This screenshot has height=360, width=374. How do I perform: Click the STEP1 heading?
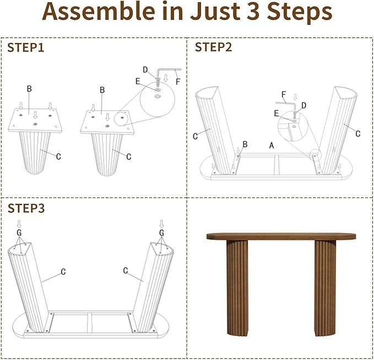(x=26, y=47)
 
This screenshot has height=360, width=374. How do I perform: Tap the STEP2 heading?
(x=213, y=47)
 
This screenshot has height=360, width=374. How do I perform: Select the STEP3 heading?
(x=26, y=208)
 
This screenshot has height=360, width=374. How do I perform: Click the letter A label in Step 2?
(x=272, y=145)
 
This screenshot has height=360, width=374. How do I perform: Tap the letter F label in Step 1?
(x=178, y=82)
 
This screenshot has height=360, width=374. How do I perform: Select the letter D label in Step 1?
(x=145, y=69)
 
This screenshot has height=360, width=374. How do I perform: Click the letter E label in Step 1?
(x=138, y=82)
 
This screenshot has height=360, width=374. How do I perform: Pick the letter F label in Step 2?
(x=284, y=95)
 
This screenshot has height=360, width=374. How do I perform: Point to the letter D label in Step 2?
(x=303, y=105)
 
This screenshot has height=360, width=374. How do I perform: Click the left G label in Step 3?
(x=19, y=233)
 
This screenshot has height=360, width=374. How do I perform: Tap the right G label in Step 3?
(x=161, y=233)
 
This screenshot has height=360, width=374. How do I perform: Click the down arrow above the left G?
(x=19, y=224)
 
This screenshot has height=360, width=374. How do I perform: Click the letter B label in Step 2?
(x=245, y=144)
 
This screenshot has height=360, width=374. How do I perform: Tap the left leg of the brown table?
(x=237, y=288)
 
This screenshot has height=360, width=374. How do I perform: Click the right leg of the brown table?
(x=325, y=288)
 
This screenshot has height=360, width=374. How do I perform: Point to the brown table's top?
(x=281, y=236)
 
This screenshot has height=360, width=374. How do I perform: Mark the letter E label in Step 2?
(x=276, y=114)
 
